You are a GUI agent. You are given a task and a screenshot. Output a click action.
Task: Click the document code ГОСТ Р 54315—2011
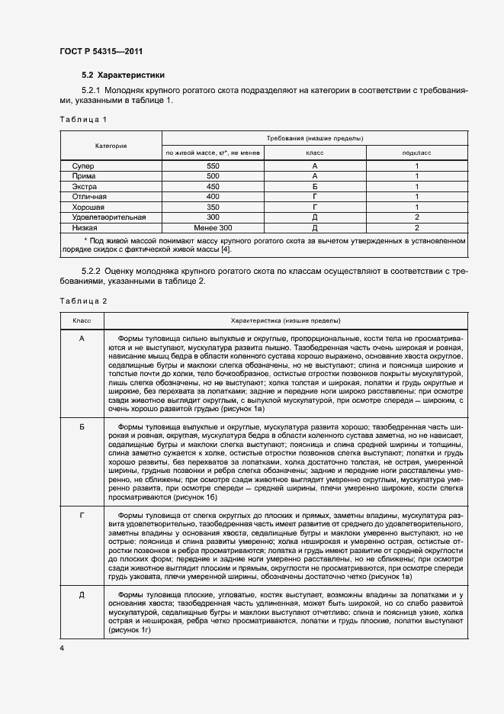point(101,51)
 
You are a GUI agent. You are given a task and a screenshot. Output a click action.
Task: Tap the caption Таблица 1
point(84,120)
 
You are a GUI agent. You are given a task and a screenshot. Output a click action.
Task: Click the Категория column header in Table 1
point(111,145)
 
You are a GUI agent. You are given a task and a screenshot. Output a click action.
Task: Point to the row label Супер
point(83,166)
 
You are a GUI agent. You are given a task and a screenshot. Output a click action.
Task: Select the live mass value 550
point(213,166)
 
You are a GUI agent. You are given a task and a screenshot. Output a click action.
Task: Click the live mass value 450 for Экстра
point(213,186)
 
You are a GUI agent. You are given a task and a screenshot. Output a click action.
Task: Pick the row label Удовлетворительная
point(108,217)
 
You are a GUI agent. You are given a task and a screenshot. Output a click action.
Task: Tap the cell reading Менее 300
point(213,227)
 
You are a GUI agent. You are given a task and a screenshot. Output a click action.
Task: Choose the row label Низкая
point(85,227)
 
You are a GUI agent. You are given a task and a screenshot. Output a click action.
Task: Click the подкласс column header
point(416,153)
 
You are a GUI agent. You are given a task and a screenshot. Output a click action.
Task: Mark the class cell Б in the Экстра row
point(314,186)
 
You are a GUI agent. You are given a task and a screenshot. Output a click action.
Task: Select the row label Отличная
point(89,196)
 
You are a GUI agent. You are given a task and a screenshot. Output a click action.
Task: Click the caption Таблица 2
point(84,301)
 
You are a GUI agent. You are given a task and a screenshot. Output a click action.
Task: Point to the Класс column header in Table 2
point(82,320)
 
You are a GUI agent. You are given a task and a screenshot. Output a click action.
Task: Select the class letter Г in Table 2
point(82,516)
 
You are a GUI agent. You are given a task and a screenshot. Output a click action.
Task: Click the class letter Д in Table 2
point(82,593)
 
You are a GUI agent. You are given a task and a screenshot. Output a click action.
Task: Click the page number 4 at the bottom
point(63,648)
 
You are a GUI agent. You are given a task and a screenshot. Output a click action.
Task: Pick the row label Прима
point(84,175)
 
